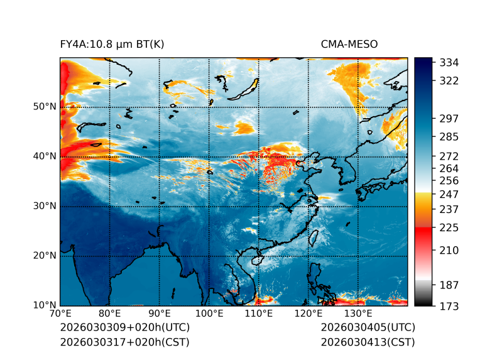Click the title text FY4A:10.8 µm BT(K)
point(112,44)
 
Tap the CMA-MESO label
point(349,44)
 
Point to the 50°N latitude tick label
point(44,107)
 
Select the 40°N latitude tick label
point(44,156)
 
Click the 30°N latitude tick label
point(44,206)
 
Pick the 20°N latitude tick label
point(44,256)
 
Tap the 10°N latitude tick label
point(44,305)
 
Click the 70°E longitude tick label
point(60,314)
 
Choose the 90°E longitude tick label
point(160,314)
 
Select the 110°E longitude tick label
point(258,314)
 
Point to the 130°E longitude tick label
point(358,314)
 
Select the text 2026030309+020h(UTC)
point(124,328)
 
